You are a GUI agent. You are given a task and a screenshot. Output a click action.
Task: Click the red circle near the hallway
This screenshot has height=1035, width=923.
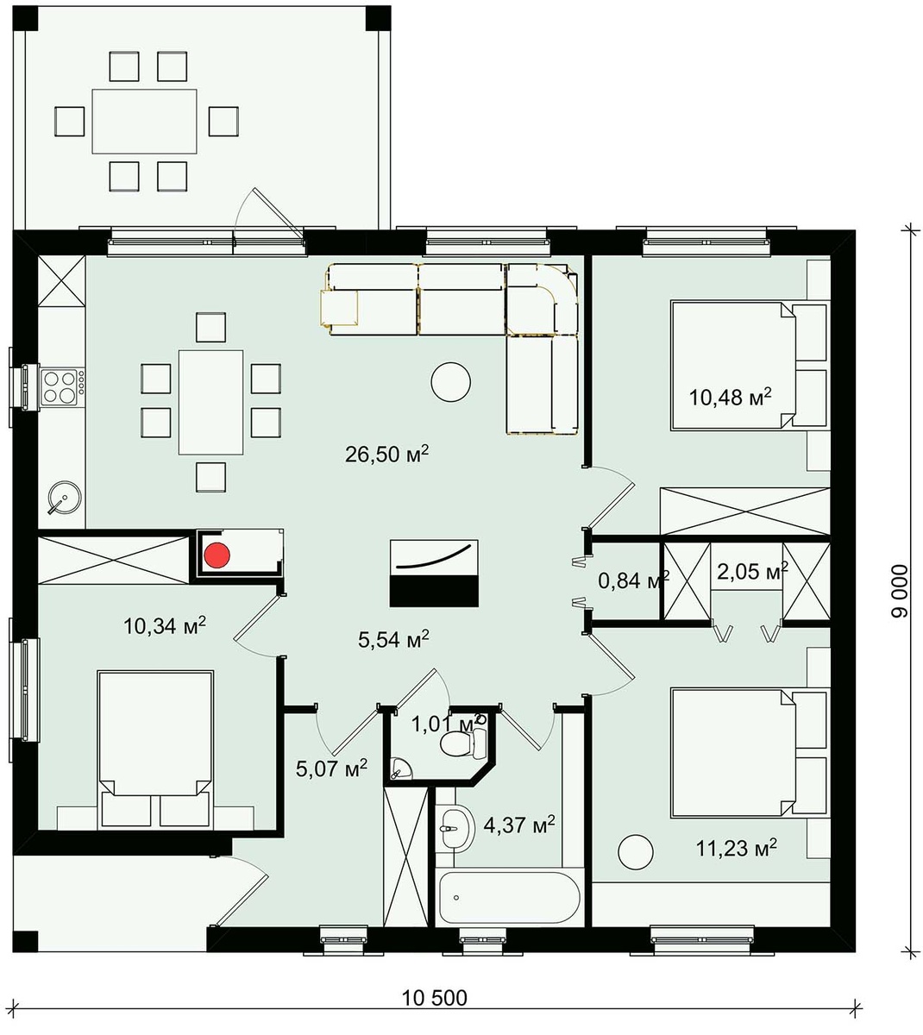click(217, 555)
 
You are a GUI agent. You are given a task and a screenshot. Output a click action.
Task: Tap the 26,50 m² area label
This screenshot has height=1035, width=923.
click(386, 454)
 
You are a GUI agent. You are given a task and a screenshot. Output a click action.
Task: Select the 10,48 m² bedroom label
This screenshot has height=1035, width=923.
click(731, 397)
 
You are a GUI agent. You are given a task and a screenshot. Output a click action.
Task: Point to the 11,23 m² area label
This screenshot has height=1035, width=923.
click(737, 848)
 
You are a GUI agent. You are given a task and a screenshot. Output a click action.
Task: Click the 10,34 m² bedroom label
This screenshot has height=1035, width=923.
click(165, 624)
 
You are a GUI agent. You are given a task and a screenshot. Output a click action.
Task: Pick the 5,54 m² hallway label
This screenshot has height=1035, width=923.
click(393, 639)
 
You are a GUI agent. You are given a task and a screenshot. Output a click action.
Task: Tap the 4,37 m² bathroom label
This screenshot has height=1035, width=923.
click(519, 825)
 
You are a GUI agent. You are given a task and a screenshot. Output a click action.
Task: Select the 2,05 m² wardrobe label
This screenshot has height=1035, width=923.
click(752, 572)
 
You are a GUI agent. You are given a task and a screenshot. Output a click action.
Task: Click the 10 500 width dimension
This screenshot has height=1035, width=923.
click(435, 998)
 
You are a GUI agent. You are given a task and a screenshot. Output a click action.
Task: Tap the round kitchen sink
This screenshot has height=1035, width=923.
click(63, 497)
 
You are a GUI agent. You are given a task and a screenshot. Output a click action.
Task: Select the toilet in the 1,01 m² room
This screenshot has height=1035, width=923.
click(462, 743)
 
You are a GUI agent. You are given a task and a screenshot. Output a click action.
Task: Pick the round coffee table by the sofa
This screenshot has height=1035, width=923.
click(451, 381)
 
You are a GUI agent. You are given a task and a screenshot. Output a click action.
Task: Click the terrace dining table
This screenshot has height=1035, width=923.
click(145, 122)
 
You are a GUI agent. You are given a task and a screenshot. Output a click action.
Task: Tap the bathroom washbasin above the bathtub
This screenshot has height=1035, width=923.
click(455, 828)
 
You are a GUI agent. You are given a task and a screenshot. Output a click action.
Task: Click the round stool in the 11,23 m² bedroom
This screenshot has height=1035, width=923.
click(636, 851)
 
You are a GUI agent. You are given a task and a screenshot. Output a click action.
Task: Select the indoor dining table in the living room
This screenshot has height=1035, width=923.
click(210, 402)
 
